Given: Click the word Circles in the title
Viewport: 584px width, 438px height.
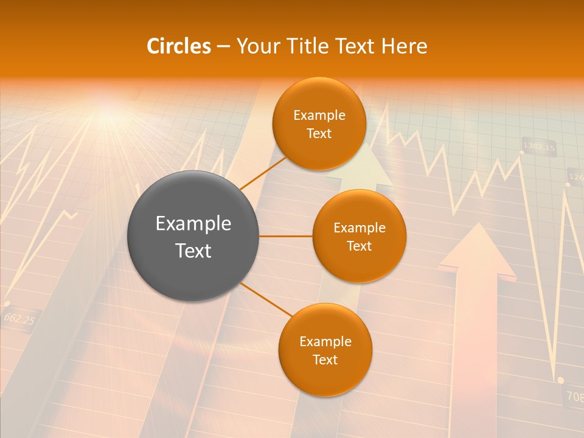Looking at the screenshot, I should click(x=179, y=46).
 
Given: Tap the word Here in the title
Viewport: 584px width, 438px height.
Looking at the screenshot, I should click(x=404, y=46).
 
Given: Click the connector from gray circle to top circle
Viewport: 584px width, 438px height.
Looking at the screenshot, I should click(x=263, y=173).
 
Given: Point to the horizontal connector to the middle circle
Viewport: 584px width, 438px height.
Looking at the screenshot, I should click(x=285, y=236).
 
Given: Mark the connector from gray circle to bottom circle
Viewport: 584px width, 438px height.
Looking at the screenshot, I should click(x=266, y=299).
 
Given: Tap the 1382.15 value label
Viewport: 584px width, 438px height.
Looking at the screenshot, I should click(x=540, y=147).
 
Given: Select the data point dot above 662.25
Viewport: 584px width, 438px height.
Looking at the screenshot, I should click(x=7, y=303).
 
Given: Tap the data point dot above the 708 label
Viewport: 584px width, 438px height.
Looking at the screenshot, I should click(x=560, y=380).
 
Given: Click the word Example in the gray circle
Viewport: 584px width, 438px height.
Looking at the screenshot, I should click(x=193, y=224).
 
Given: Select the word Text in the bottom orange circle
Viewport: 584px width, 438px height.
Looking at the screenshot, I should click(x=325, y=360).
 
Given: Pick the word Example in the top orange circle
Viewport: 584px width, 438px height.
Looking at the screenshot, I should click(x=319, y=115).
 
